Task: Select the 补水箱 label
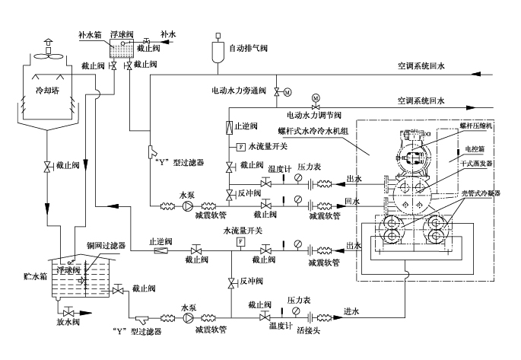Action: pos(91,35)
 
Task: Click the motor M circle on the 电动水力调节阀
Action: pos(316,98)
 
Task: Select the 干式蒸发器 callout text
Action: pos(478,163)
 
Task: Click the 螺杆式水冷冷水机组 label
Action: pos(313,131)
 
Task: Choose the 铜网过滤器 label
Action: pos(106,245)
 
